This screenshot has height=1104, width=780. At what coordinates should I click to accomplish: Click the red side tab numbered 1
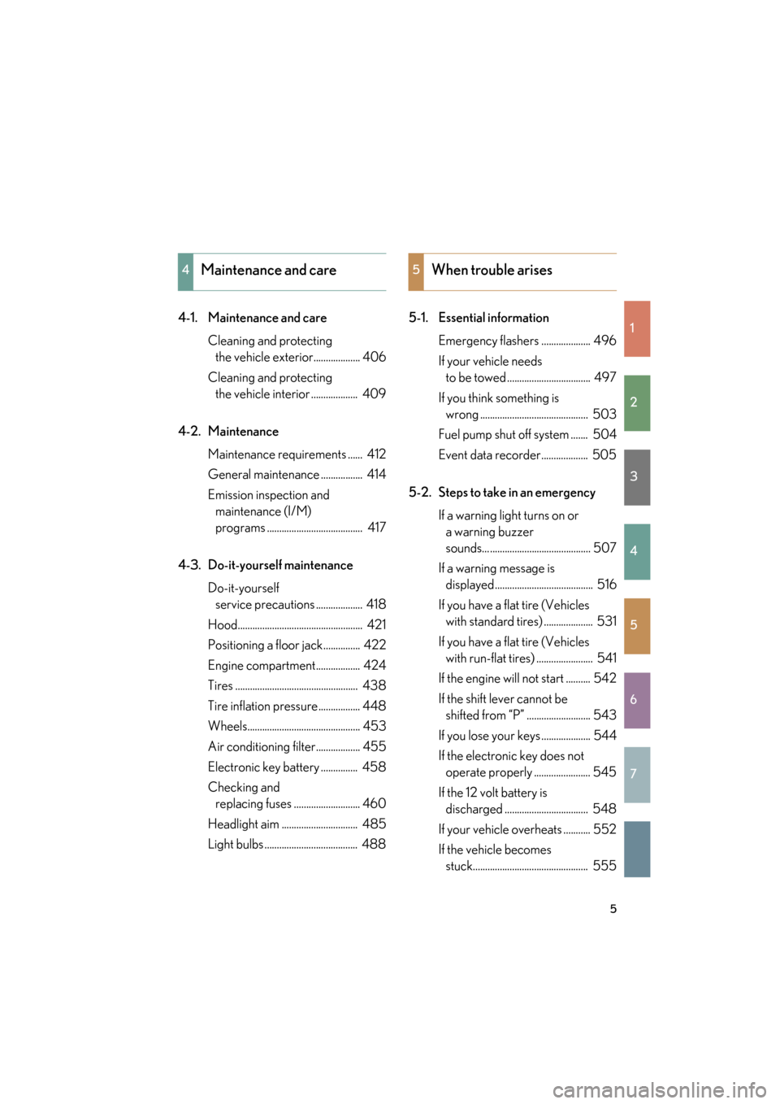[x=637, y=328]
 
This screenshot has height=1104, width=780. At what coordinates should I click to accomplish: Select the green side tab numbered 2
[x=637, y=402]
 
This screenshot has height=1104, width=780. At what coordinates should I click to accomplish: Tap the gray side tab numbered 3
[x=637, y=477]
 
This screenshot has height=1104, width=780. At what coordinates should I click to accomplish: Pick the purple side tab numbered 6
[x=637, y=700]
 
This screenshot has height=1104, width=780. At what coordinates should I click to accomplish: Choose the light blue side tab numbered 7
[x=637, y=774]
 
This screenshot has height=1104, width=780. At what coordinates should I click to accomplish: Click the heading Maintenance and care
[x=268, y=270]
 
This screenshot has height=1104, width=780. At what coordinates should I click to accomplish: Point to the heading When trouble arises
[x=492, y=270]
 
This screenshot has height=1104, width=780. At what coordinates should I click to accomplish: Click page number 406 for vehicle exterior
[x=374, y=357]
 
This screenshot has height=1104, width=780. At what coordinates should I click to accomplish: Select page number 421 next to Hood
[x=376, y=624]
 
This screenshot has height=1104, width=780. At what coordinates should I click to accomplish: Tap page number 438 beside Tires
[x=374, y=685]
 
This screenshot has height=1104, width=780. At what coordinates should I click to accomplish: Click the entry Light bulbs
[x=236, y=844]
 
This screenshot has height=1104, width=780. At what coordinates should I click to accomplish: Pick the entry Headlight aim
[x=243, y=824]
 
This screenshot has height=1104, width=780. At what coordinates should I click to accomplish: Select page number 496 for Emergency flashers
[x=604, y=341]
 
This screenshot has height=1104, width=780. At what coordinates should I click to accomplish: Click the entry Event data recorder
[x=489, y=455]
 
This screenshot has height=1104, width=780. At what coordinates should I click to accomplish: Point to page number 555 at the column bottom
[x=604, y=866]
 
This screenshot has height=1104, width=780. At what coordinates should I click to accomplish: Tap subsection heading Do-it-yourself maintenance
[x=280, y=565]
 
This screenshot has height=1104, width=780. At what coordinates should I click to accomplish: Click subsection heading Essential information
[x=493, y=318]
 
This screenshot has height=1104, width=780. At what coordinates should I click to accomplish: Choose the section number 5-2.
[x=419, y=493]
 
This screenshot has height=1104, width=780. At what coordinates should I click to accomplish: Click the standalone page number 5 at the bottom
[x=613, y=909]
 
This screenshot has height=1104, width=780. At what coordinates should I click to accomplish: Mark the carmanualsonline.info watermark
[x=659, y=1089]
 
